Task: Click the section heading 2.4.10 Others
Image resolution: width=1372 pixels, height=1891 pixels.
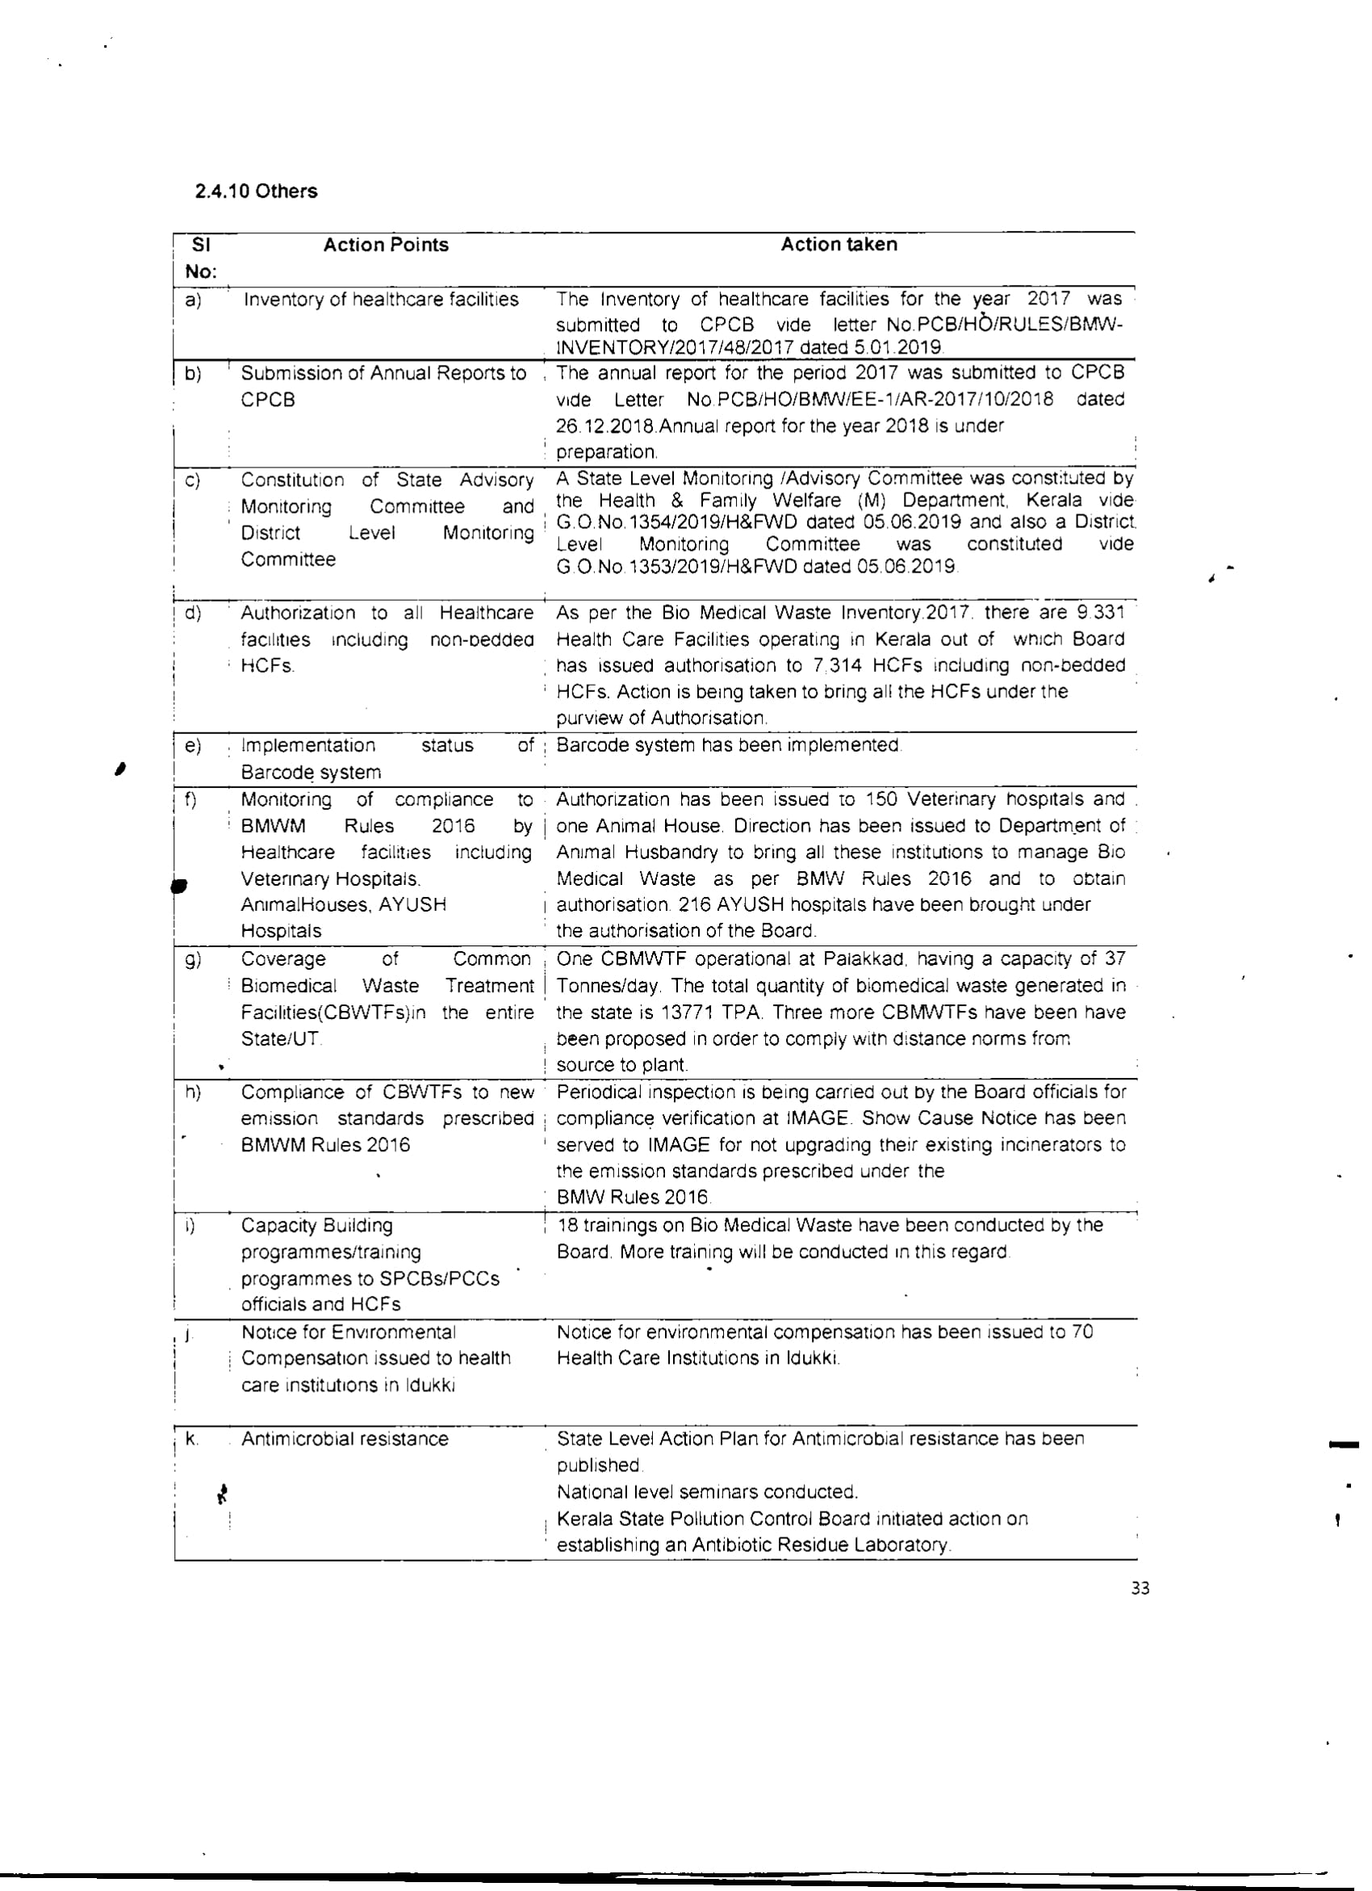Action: pyautogui.click(x=256, y=191)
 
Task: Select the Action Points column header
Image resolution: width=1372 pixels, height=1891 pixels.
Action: pyautogui.click(x=385, y=245)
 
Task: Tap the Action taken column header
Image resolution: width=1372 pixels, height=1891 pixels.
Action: pyautogui.click(x=839, y=245)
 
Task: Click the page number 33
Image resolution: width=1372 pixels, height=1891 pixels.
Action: pyautogui.click(x=1140, y=1588)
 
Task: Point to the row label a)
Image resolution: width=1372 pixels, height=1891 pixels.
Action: pyautogui.click(x=193, y=300)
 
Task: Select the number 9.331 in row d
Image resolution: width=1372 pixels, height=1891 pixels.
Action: pyautogui.click(x=1100, y=613)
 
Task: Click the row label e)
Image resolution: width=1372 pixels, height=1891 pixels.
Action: pyautogui.click(x=193, y=745)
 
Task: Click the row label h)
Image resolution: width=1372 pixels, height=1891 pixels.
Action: pyautogui.click(x=193, y=1092)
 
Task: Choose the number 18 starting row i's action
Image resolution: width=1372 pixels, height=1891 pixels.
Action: pyautogui.click(x=567, y=1226)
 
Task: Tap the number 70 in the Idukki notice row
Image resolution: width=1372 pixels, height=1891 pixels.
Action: pyautogui.click(x=1081, y=1332)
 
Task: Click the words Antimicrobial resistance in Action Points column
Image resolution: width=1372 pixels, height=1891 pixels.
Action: pyautogui.click(x=345, y=1439)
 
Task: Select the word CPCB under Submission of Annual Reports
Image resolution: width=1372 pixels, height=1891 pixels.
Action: pyautogui.click(x=268, y=400)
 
